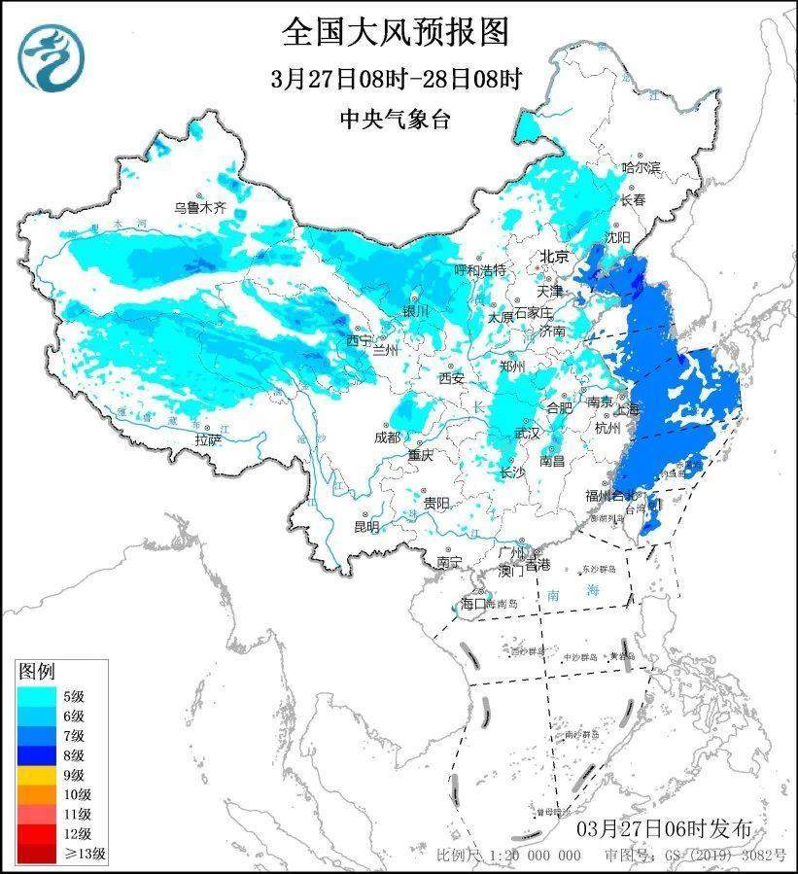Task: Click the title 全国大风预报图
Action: point(396,32)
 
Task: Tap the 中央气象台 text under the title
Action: point(396,119)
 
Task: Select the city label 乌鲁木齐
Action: point(199,207)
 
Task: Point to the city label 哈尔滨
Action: point(641,168)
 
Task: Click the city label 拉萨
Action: point(207,439)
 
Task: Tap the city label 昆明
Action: point(366,526)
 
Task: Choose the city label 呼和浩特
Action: point(481,268)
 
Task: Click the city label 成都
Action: point(387,437)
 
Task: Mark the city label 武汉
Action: point(527,434)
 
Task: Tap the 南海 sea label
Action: point(562,592)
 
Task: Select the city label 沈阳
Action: point(618,236)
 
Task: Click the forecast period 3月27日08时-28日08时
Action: point(396,79)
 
